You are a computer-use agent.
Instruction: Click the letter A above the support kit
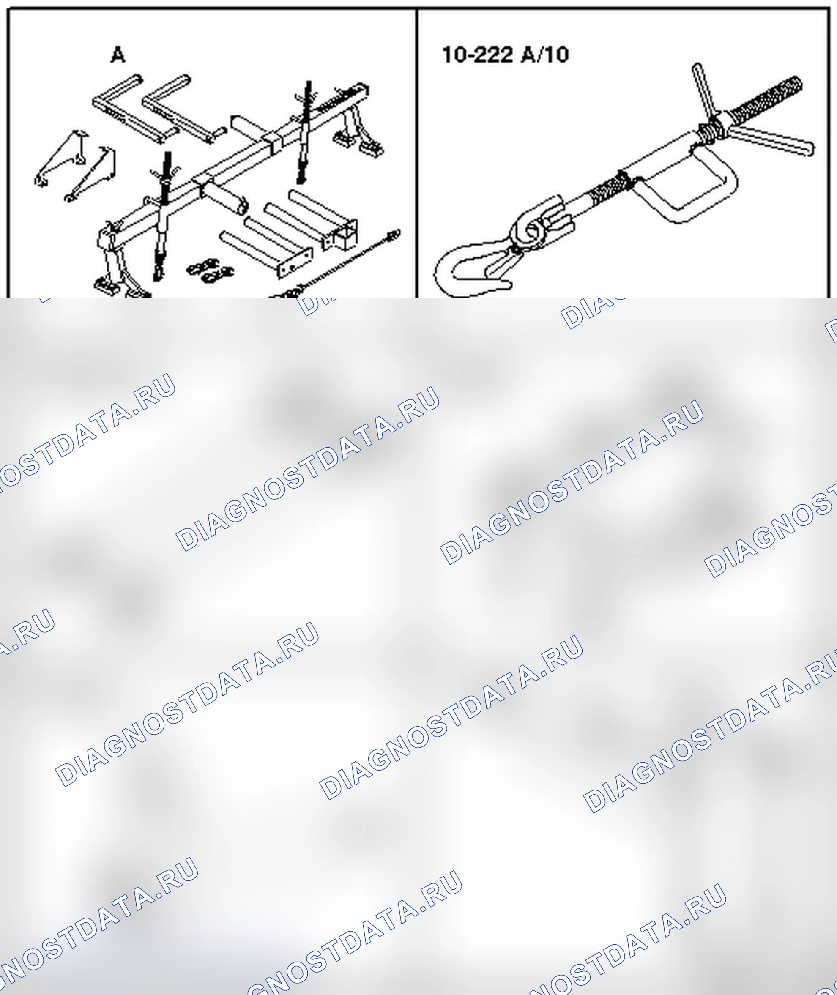pos(118,55)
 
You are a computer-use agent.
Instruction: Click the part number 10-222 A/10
pos(505,55)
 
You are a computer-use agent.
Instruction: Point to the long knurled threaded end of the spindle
pos(765,98)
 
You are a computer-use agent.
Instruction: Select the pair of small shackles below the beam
pos(210,271)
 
